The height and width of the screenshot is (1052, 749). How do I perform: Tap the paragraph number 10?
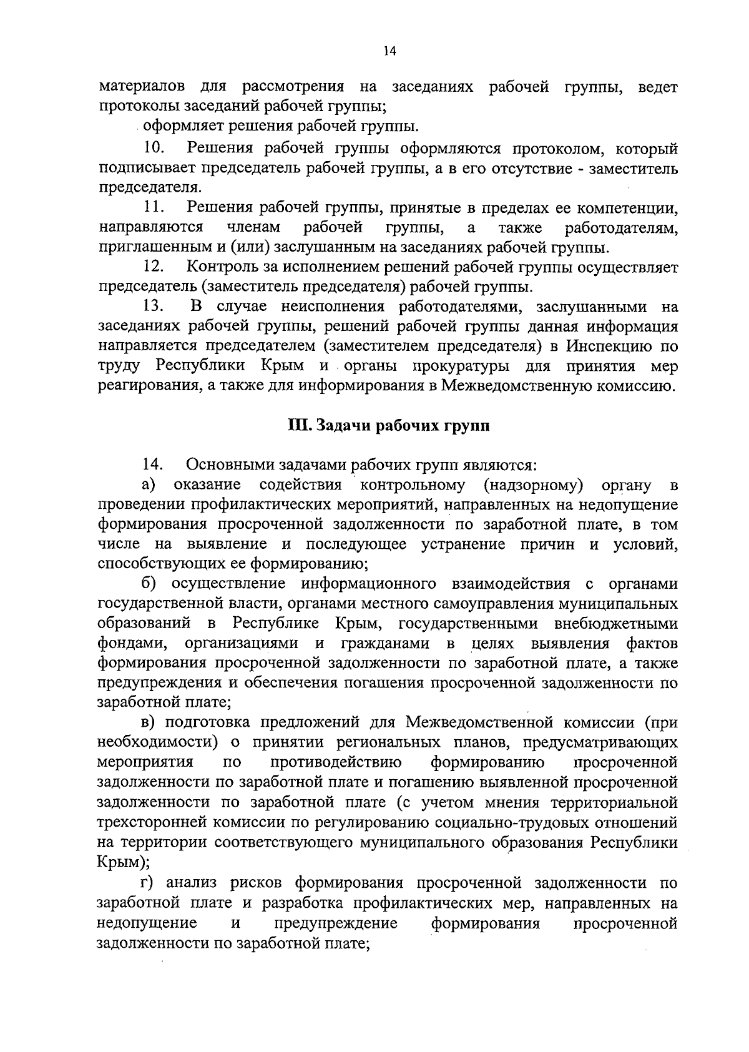pos(153,149)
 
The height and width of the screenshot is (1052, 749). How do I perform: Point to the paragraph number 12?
pos(153,267)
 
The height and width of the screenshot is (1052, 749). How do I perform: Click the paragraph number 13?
pos(153,306)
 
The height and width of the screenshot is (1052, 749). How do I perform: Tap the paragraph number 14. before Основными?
pos(153,465)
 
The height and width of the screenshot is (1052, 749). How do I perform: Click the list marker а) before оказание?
pos(149,485)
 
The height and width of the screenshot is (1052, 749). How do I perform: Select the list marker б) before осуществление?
pos(149,584)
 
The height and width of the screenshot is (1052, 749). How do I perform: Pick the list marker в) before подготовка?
pos(149,723)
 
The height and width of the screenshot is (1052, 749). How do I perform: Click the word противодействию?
pos(336,762)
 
